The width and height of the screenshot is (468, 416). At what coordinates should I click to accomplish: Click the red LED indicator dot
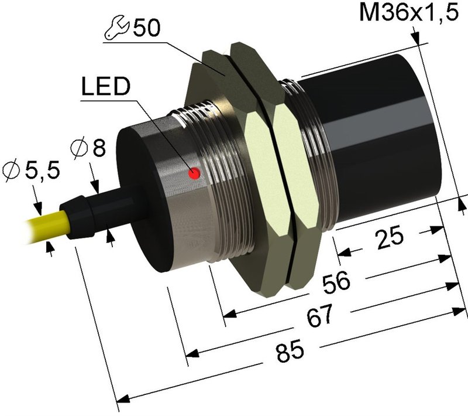194,173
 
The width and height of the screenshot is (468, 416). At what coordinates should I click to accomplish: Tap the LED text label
106,86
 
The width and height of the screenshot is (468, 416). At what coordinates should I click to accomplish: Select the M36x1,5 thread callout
408,12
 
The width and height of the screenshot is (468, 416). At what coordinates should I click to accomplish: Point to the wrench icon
116,28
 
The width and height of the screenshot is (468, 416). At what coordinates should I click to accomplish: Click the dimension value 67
319,316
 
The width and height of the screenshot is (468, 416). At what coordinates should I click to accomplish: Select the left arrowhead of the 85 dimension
122,399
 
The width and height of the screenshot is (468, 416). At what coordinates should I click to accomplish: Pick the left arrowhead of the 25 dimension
344,253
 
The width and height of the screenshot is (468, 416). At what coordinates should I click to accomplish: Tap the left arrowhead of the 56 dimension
230,313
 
